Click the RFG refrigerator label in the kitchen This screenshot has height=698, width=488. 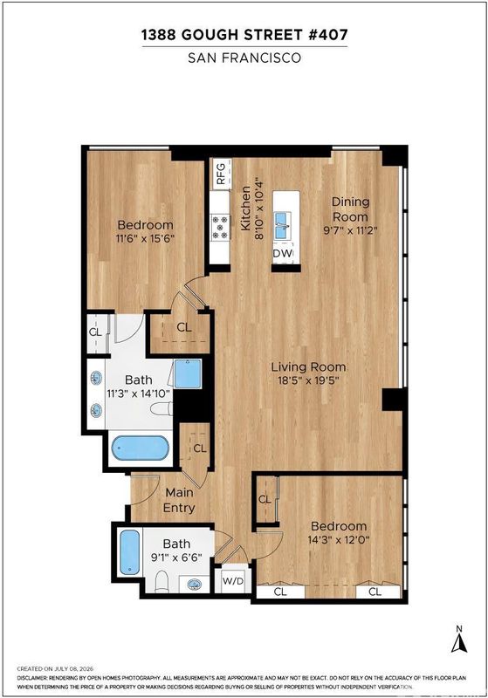pos(221,173)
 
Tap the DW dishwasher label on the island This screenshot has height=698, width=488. pos(283,253)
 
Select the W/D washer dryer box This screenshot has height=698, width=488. pos(232,580)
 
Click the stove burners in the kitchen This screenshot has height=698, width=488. pos(220,227)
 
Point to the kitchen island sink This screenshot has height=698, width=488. pos(282,225)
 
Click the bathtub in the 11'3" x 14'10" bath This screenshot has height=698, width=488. pos(140,448)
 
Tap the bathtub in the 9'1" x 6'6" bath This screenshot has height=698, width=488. pos(130,552)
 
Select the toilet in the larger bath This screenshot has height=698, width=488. pos(162,408)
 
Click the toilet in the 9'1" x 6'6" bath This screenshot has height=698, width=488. pos(162,582)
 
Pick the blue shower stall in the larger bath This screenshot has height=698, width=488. pos(188,374)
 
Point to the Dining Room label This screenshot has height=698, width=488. pos(350,209)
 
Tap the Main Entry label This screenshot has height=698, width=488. pos(179,500)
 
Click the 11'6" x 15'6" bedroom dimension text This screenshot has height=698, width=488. pos(145,238)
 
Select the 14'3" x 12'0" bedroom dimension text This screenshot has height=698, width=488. pos(339,540)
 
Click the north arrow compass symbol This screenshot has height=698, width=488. pos(459,640)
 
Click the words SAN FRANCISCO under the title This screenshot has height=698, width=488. pos(244,58)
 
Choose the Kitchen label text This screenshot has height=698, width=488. pos(245,209)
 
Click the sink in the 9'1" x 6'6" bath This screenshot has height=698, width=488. pos(194,584)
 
